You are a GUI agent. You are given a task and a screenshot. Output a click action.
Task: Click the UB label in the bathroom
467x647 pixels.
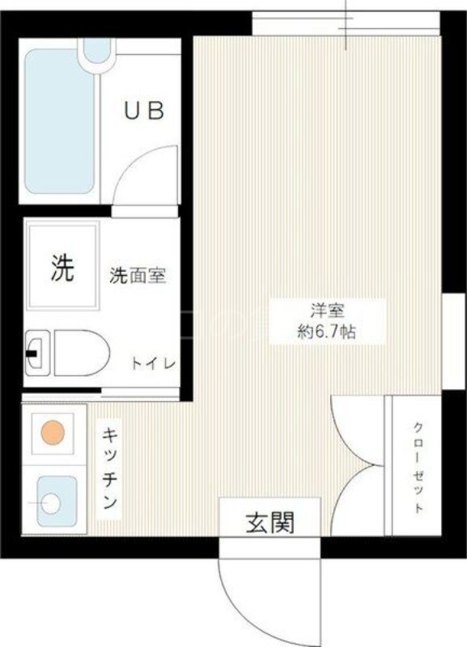pyautogui.click(x=144, y=112)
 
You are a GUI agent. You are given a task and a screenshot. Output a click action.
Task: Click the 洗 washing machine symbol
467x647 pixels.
pyautogui.click(x=63, y=268)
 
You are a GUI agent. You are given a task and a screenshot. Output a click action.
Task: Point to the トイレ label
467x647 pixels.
pyautogui.click(x=154, y=363)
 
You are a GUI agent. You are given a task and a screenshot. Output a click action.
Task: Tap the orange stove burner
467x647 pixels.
pyautogui.click(x=53, y=433)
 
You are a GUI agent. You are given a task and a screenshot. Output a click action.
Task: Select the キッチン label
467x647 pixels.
pyautogui.click(x=109, y=468)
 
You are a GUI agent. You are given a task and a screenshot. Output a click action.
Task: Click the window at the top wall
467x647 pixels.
pyautogui.click(x=346, y=23)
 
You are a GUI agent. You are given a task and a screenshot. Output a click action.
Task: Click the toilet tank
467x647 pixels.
pyautogui.click(x=36, y=353)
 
